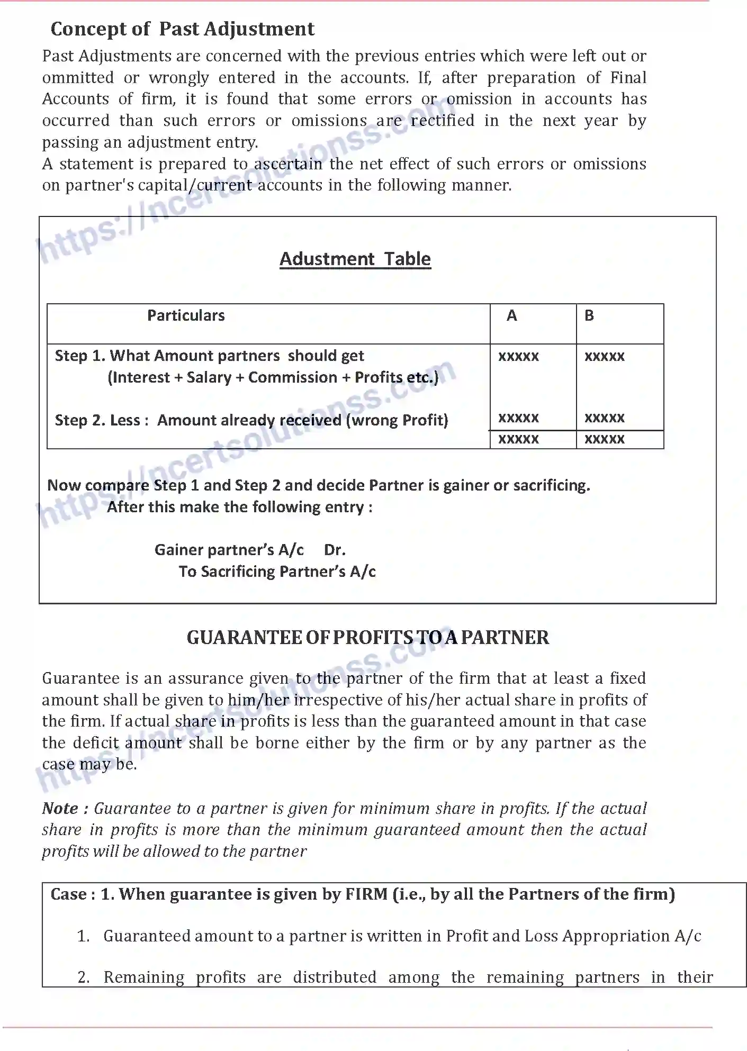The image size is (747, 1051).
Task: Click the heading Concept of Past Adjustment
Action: (x=182, y=29)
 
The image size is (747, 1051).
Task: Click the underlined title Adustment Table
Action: (x=355, y=259)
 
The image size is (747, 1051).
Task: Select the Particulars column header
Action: (x=186, y=315)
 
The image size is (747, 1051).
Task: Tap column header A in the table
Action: (x=511, y=315)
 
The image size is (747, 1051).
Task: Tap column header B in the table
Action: (x=589, y=315)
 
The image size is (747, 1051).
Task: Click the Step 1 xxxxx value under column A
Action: (x=518, y=356)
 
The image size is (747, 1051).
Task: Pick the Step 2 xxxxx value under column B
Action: (x=604, y=418)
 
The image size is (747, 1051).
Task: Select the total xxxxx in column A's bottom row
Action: (x=518, y=439)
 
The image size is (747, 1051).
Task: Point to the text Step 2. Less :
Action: (x=97, y=420)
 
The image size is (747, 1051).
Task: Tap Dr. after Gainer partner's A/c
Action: (x=335, y=550)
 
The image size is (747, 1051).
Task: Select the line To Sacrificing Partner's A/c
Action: (x=277, y=572)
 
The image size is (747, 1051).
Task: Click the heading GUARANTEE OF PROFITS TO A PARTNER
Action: (x=367, y=638)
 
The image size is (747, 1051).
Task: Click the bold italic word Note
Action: (x=60, y=809)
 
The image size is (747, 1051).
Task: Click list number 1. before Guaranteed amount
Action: (x=84, y=936)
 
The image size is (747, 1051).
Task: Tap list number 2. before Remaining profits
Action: (x=84, y=977)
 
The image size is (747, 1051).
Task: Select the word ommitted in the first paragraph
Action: (x=78, y=78)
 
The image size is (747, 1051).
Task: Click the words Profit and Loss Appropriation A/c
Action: (x=573, y=936)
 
